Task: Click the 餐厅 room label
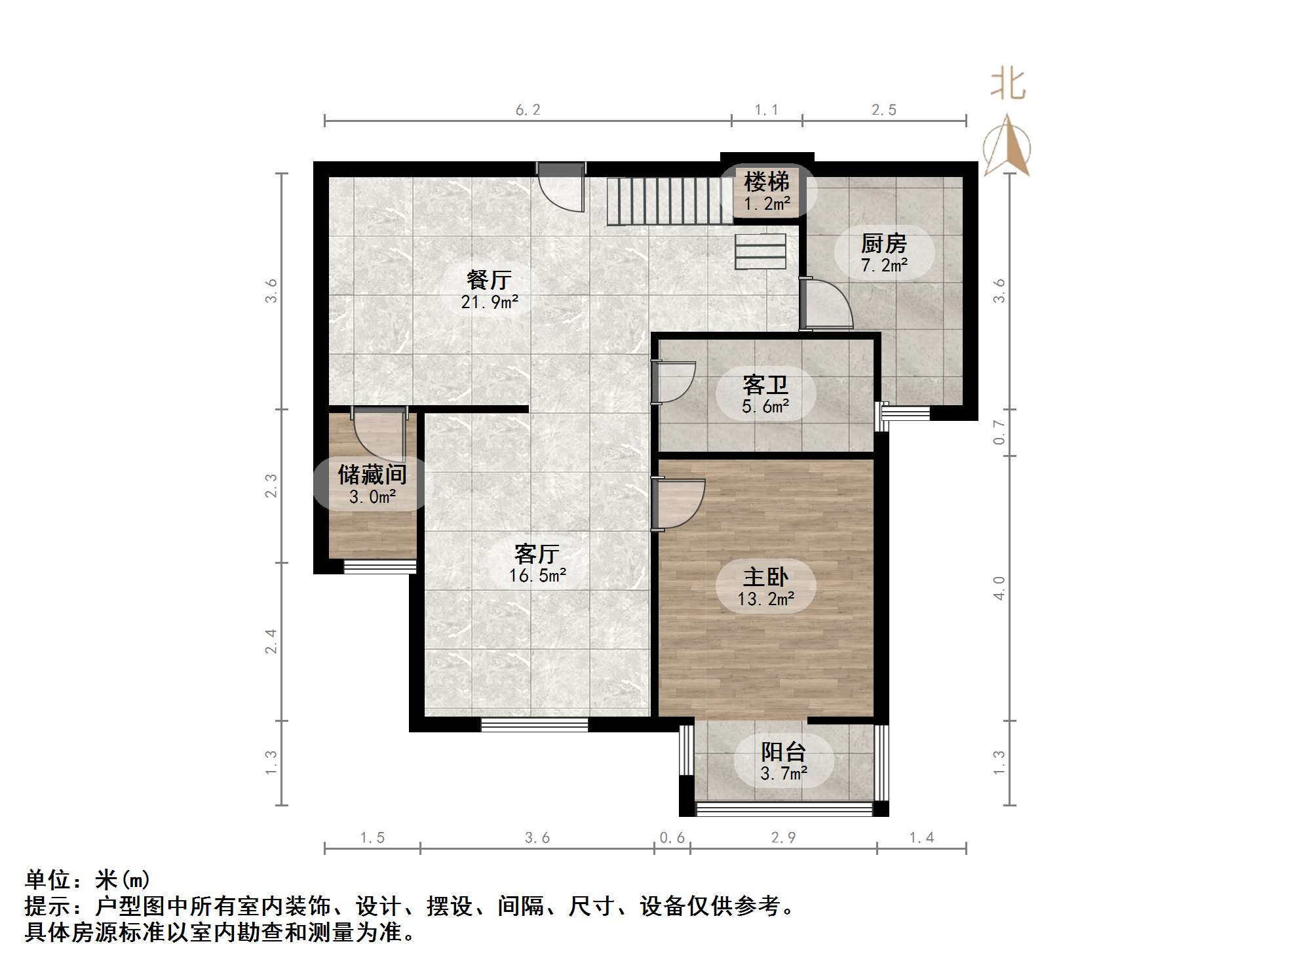489,280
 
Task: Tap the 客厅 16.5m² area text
537,576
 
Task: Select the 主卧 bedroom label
765,577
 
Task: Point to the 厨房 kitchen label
884,244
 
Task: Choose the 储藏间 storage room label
372,475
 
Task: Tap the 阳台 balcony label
784,751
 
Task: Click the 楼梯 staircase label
767,181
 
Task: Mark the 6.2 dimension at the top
528,110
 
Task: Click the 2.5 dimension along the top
884,110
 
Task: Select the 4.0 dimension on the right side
999,588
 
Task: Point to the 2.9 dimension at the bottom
784,838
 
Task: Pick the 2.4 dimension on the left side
271,641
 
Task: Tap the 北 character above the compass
1008,85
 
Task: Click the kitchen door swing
826,304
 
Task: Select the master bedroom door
678,504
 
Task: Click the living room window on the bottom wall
535,724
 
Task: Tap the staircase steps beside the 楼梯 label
669,201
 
